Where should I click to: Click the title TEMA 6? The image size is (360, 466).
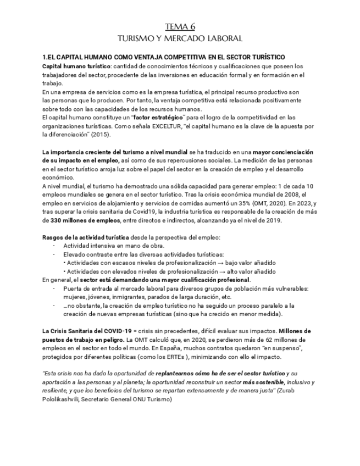pos(180,26)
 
